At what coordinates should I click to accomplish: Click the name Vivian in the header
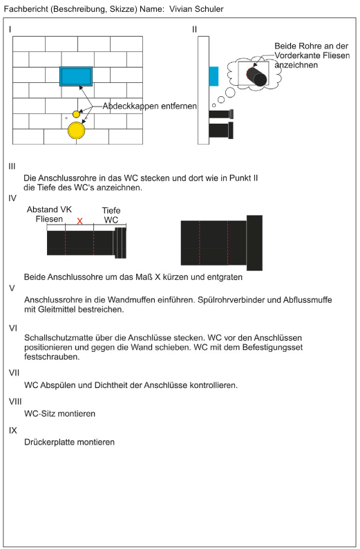click(181, 9)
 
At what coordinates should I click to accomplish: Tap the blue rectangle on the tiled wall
click(76, 76)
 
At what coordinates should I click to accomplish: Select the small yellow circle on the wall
click(76, 114)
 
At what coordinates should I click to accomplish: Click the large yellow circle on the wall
click(76, 130)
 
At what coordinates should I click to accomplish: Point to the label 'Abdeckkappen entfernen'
click(149, 106)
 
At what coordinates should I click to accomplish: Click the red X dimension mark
click(79, 221)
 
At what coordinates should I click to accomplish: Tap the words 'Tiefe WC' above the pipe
click(111, 215)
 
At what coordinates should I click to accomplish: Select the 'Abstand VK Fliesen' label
click(49, 214)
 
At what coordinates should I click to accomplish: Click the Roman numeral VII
click(14, 373)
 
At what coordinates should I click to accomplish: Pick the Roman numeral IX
click(13, 430)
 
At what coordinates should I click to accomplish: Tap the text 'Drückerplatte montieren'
click(69, 443)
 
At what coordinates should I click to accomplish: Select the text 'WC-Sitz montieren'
click(59, 414)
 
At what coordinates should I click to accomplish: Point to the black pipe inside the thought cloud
click(257, 77)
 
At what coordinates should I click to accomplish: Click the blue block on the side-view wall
click(214, 76)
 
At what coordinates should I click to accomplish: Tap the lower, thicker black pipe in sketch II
click(221, 130)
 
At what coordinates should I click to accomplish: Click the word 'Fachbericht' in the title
click(26, 9)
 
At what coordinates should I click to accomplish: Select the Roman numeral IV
click(12, 198)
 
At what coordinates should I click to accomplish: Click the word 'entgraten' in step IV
click(225, 277)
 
